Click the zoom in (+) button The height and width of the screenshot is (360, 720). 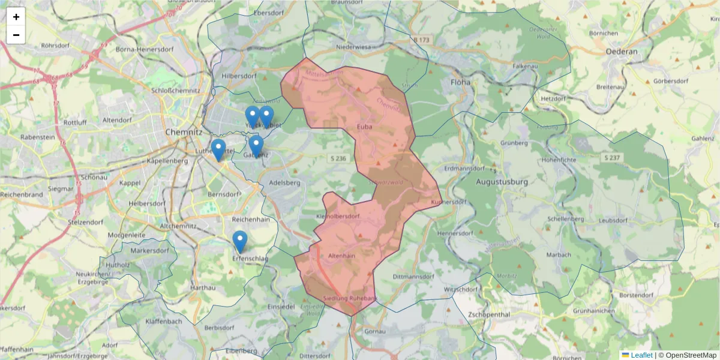16,17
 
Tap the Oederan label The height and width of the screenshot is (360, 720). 622,52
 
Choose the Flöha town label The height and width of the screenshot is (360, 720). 461,82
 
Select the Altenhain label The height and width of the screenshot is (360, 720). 342,256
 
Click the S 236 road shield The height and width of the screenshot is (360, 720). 338,158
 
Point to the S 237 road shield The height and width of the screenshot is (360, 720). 611,157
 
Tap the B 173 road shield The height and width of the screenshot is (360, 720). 422,40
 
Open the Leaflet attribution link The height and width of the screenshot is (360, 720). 641,355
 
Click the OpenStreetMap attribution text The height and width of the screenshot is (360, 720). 691,355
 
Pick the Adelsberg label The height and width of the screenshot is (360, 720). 285,182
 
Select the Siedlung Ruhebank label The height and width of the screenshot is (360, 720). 350,298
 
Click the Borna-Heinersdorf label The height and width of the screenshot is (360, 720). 141,49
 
